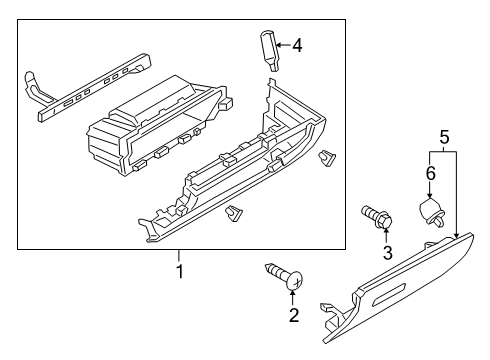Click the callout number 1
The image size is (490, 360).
pos(180,271)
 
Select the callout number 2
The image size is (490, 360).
pos(294,315)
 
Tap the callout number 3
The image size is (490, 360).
pos(387,253)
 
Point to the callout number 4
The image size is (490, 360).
pos(297,45)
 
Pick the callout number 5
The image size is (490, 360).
pos(445,137)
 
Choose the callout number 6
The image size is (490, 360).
pos(431,173)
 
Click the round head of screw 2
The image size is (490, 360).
pos(295,280)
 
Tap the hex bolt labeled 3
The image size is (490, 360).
pos(376,217)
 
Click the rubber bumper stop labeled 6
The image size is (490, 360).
pos(431,212)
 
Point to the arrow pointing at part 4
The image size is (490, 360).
pos(283,45)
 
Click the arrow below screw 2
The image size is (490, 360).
pos(293,297)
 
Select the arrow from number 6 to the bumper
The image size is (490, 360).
pos(430,191)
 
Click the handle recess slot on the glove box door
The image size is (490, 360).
pos(389,294)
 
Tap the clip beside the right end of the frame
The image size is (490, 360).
pos(328,159)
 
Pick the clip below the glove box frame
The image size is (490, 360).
pos(234,214)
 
